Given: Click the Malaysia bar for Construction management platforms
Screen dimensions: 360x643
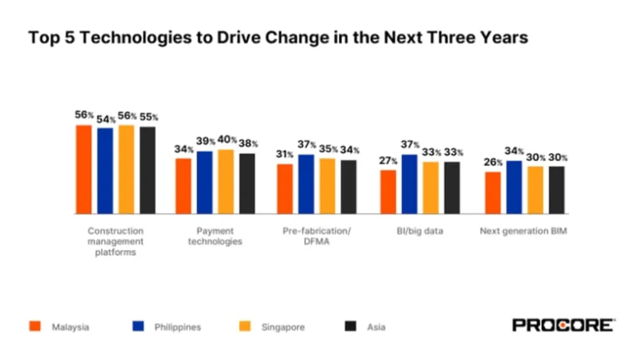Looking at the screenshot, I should [x=84, y=169].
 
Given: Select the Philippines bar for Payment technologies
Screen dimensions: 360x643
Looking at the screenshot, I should [x=205, y=182].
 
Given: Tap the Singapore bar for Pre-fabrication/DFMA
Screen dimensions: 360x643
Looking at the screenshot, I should [x=327, y=186].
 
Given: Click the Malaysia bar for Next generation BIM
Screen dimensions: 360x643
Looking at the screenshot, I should [x=493, y=193].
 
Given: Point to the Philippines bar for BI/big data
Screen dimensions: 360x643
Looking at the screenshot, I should [x=409, y=184].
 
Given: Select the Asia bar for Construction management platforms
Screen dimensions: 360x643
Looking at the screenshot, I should [x=148, y=170].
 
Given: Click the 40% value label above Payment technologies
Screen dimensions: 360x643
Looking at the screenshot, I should [x=227, y=140].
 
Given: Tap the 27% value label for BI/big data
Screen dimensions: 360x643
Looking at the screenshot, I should [x=388, y=161].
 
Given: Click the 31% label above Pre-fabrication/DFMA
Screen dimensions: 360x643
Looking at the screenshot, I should [x=285, y=155].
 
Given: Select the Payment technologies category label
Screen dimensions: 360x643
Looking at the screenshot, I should [x=215, y=236].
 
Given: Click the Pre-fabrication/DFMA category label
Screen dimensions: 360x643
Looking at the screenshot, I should [x=316, y=236].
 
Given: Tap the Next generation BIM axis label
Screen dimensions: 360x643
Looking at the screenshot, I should [x=523, y=231].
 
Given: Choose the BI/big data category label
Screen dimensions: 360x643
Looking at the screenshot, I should [x=420, y=231].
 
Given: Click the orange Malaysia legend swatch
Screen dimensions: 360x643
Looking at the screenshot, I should [x=35, y=326].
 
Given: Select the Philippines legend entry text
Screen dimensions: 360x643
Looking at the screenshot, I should [x=178, y=327].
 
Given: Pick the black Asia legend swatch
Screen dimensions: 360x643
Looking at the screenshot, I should [x=351, y=326].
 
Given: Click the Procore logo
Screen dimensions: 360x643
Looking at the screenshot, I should [x=563, y=325].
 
